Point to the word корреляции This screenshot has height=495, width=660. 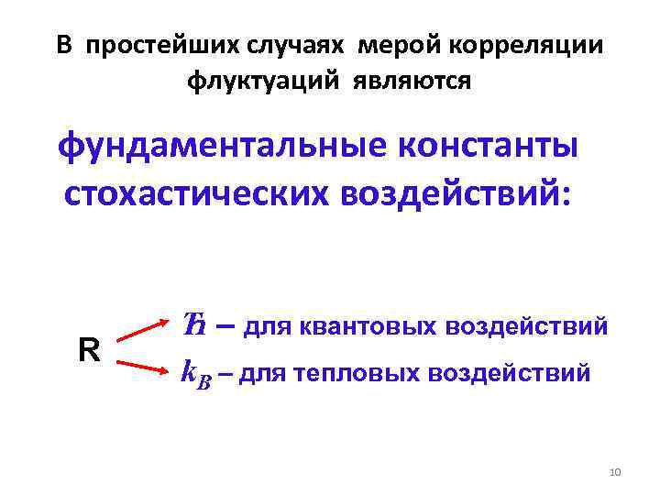[519, 45]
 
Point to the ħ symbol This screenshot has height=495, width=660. [193, 324]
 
